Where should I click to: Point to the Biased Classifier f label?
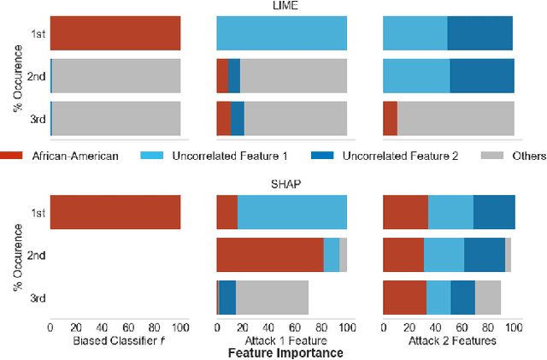pyautogui.click(x=115, y=340)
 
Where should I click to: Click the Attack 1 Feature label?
pyautogui.click(x=282, y=340)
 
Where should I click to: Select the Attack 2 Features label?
pyautogui.click(x=448, y=340)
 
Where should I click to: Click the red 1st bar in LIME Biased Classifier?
pyautogui.click(x=115, y=32)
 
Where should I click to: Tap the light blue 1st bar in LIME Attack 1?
pyautogui.click(x=282, y=32)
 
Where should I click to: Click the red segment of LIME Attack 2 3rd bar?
pyautogui.click(x=390, y=118)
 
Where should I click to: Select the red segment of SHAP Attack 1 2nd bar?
pyautogui.click(x=270, y=255)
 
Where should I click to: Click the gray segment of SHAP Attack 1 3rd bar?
pyautogui.click(x=272, y=298)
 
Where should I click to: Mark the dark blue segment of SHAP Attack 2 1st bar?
pyautogui.click(x=494, y=212)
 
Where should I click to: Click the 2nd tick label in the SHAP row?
pyautogui.click(x=36, y=255)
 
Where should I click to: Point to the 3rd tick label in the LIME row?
pyautogui.click(x=36, y=118)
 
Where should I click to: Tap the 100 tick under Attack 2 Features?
pyautogui.click(x=515, y=328)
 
